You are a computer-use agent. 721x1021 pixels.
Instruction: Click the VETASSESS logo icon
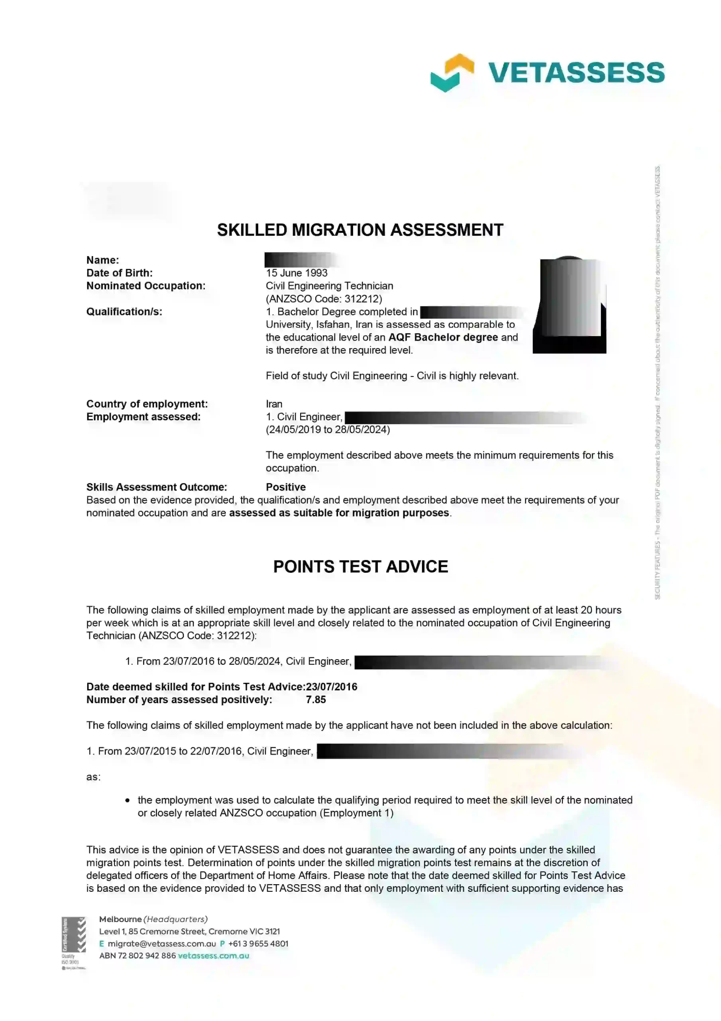pos(452,73)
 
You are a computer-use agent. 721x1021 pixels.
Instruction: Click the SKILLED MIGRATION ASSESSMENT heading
pos(360,230)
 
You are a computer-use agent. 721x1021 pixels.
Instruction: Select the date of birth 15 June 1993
pos(297,273)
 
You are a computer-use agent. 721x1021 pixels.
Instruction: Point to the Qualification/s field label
pos(124,312)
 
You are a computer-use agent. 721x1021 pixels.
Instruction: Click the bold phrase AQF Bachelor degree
pos(443,337)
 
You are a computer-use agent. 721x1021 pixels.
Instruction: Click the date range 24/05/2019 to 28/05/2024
pos(328,430)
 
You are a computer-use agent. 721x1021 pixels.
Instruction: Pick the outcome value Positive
pos(285,487)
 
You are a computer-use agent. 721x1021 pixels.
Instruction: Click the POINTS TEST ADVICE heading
pos(360,566)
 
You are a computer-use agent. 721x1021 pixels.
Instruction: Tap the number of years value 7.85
pos(316,700)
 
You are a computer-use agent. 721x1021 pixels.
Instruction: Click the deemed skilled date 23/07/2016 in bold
pos(332,687)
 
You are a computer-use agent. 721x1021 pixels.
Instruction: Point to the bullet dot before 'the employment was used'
pos(128,800)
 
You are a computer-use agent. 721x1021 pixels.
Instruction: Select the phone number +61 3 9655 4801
pos(258,944)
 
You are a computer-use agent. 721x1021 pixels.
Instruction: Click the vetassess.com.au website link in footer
pos(213,956)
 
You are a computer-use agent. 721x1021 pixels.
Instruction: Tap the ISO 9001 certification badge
pos(73,942)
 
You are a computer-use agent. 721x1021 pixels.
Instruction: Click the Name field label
pos(102,260)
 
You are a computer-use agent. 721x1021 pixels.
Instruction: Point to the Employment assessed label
pos(143,417)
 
